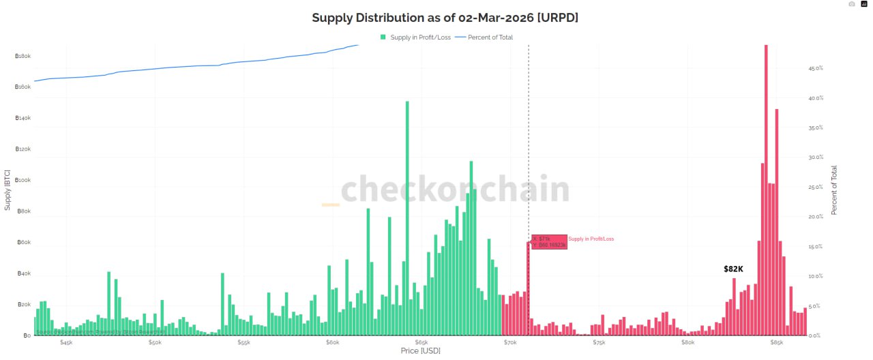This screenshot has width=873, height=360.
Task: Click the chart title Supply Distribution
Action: (445, 18)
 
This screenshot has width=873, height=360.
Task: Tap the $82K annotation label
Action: (733, 269)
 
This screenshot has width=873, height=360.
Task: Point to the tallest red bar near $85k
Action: (766, 191)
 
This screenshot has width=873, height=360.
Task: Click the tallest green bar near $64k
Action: (407, 218)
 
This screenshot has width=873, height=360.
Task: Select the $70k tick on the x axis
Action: (510, 342)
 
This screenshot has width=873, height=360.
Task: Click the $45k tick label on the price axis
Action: (66, 342)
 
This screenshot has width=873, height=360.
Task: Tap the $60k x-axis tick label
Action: (332, 342)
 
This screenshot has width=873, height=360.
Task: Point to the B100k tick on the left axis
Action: (23, 180)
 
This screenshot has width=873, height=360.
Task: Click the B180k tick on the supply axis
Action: (23, 56)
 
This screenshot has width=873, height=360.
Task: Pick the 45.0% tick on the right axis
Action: (816, 69)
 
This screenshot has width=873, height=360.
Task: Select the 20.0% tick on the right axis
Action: (816, 217)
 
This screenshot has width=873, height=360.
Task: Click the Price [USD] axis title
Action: (420, 351)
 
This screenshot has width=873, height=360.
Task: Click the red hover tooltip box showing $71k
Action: (549, 242)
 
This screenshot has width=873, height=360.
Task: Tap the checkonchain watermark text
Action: (455, 189)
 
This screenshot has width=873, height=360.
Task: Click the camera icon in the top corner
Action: (851, 4)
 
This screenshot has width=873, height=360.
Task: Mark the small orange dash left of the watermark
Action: (331, 205)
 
